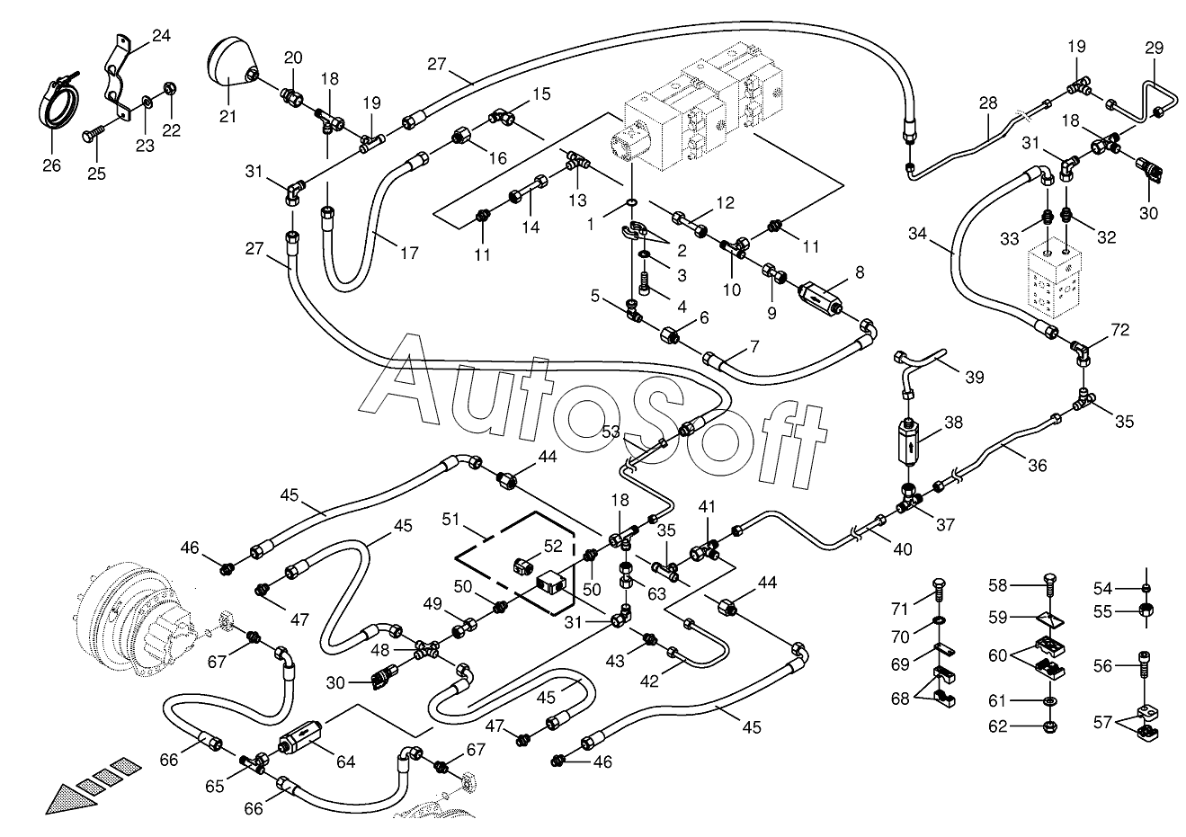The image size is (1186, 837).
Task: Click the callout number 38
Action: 953,423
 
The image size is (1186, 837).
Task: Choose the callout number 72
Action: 1120,330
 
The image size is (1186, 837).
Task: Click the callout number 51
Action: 450,520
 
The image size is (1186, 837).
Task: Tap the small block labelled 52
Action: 522,565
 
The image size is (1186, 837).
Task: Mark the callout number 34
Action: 917,234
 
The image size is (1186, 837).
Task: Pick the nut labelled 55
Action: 1146,610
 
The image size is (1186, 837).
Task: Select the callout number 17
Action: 409,253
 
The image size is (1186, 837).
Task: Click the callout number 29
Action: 1155,49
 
